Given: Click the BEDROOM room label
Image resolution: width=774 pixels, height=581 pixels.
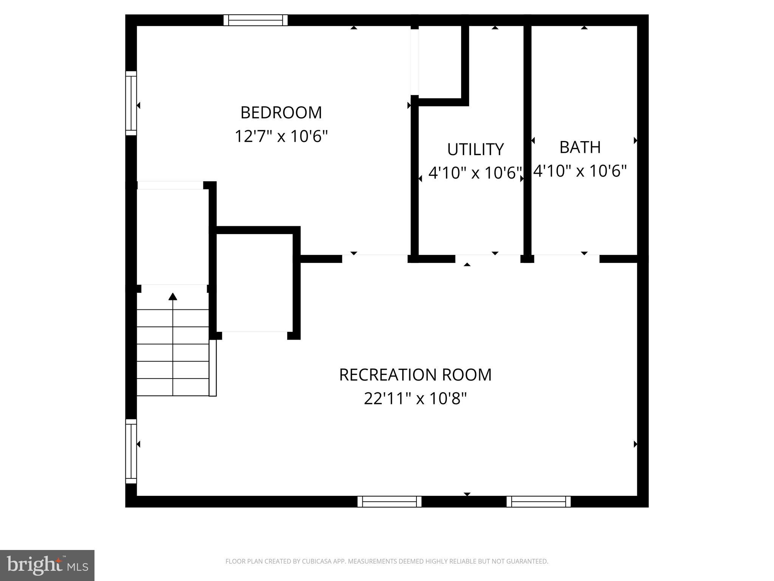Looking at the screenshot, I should click(x=281, y=113).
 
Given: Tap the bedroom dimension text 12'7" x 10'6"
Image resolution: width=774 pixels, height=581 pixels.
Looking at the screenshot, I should click(x=281, y=136).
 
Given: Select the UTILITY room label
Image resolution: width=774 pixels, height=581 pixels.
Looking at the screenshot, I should click(x=475, y=149).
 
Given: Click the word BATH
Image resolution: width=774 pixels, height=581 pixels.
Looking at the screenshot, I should click(x=580, y=147).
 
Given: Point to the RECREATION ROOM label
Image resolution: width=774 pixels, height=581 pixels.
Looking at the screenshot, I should click(x=415, y=375).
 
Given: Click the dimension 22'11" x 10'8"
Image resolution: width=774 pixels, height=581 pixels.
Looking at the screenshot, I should click(x=415, y=398).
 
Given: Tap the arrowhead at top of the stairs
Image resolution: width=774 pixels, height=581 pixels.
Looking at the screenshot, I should click(x=173, y=297).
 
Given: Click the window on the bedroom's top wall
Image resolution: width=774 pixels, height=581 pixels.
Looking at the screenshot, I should click(x=255, y=20).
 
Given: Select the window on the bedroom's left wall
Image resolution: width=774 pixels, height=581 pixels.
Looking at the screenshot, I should click(x=131, y=103).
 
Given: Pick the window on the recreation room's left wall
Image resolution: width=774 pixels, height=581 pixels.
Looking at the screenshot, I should click(x=131, y=451).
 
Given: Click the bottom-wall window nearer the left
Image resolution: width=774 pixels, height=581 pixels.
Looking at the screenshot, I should click(x=389, y=502).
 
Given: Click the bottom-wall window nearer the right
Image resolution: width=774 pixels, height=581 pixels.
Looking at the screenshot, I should click(x=538, y=502).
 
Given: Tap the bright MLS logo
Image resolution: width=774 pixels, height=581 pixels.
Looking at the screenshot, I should click(x=47, y=565).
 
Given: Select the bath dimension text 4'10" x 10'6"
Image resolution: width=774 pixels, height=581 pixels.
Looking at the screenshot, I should click(x=580, y=171).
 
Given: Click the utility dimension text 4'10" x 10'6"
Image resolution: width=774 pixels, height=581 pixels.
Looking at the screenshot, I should click(x=475, y=173).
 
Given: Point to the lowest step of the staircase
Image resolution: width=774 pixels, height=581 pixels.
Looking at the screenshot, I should click(x=173, y=387).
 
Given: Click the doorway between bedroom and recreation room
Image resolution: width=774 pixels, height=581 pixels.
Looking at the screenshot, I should click(x=375, y=259).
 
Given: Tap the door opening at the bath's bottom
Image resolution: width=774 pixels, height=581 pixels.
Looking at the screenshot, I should click(x=567, y=259).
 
